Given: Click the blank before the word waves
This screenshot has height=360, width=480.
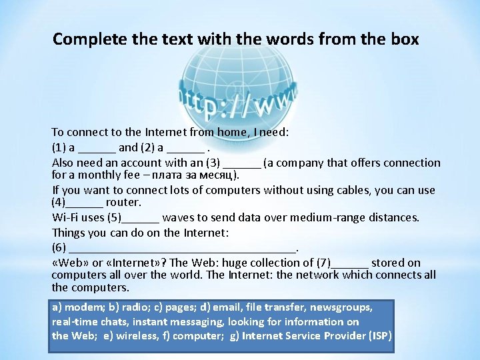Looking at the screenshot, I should (141, 217).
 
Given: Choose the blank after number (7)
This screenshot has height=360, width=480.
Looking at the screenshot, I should (349, 263).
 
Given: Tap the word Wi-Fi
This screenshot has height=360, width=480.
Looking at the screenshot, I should (66, 217).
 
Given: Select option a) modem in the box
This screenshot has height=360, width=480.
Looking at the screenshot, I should (76, 307).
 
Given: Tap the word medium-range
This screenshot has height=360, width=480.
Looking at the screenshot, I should (323, 217).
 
